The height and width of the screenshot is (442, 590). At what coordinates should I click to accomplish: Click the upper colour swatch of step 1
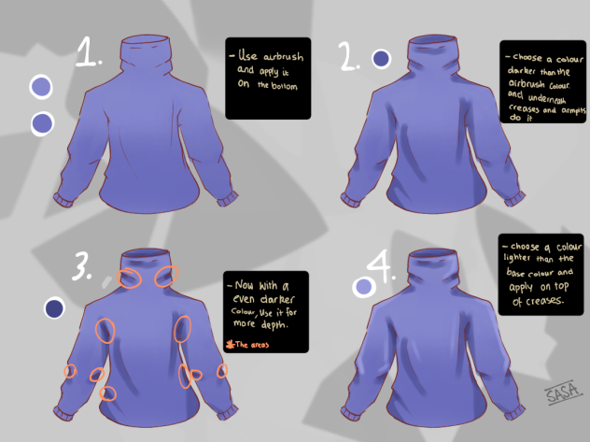42,88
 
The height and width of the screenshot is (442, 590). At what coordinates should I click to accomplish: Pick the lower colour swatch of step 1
42,122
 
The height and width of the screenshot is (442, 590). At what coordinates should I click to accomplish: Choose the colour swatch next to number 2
381,60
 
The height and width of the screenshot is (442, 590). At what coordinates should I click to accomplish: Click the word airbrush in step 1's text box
277,57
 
